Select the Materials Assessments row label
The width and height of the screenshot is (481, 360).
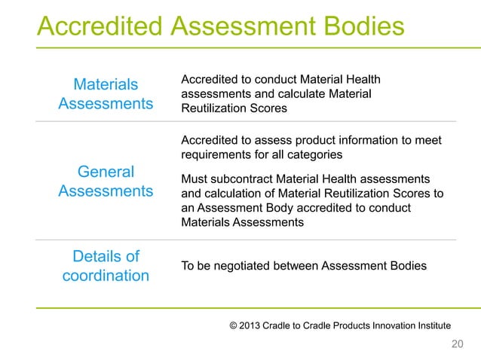coord(106,93)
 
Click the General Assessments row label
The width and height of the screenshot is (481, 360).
coord(106,181)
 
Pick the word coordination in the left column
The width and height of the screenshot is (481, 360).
coord(106,276)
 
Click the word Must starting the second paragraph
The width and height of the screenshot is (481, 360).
coord(195,178)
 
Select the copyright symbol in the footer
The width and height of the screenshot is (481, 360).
coord(234,325)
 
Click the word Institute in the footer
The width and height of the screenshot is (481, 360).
coord(430,325)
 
